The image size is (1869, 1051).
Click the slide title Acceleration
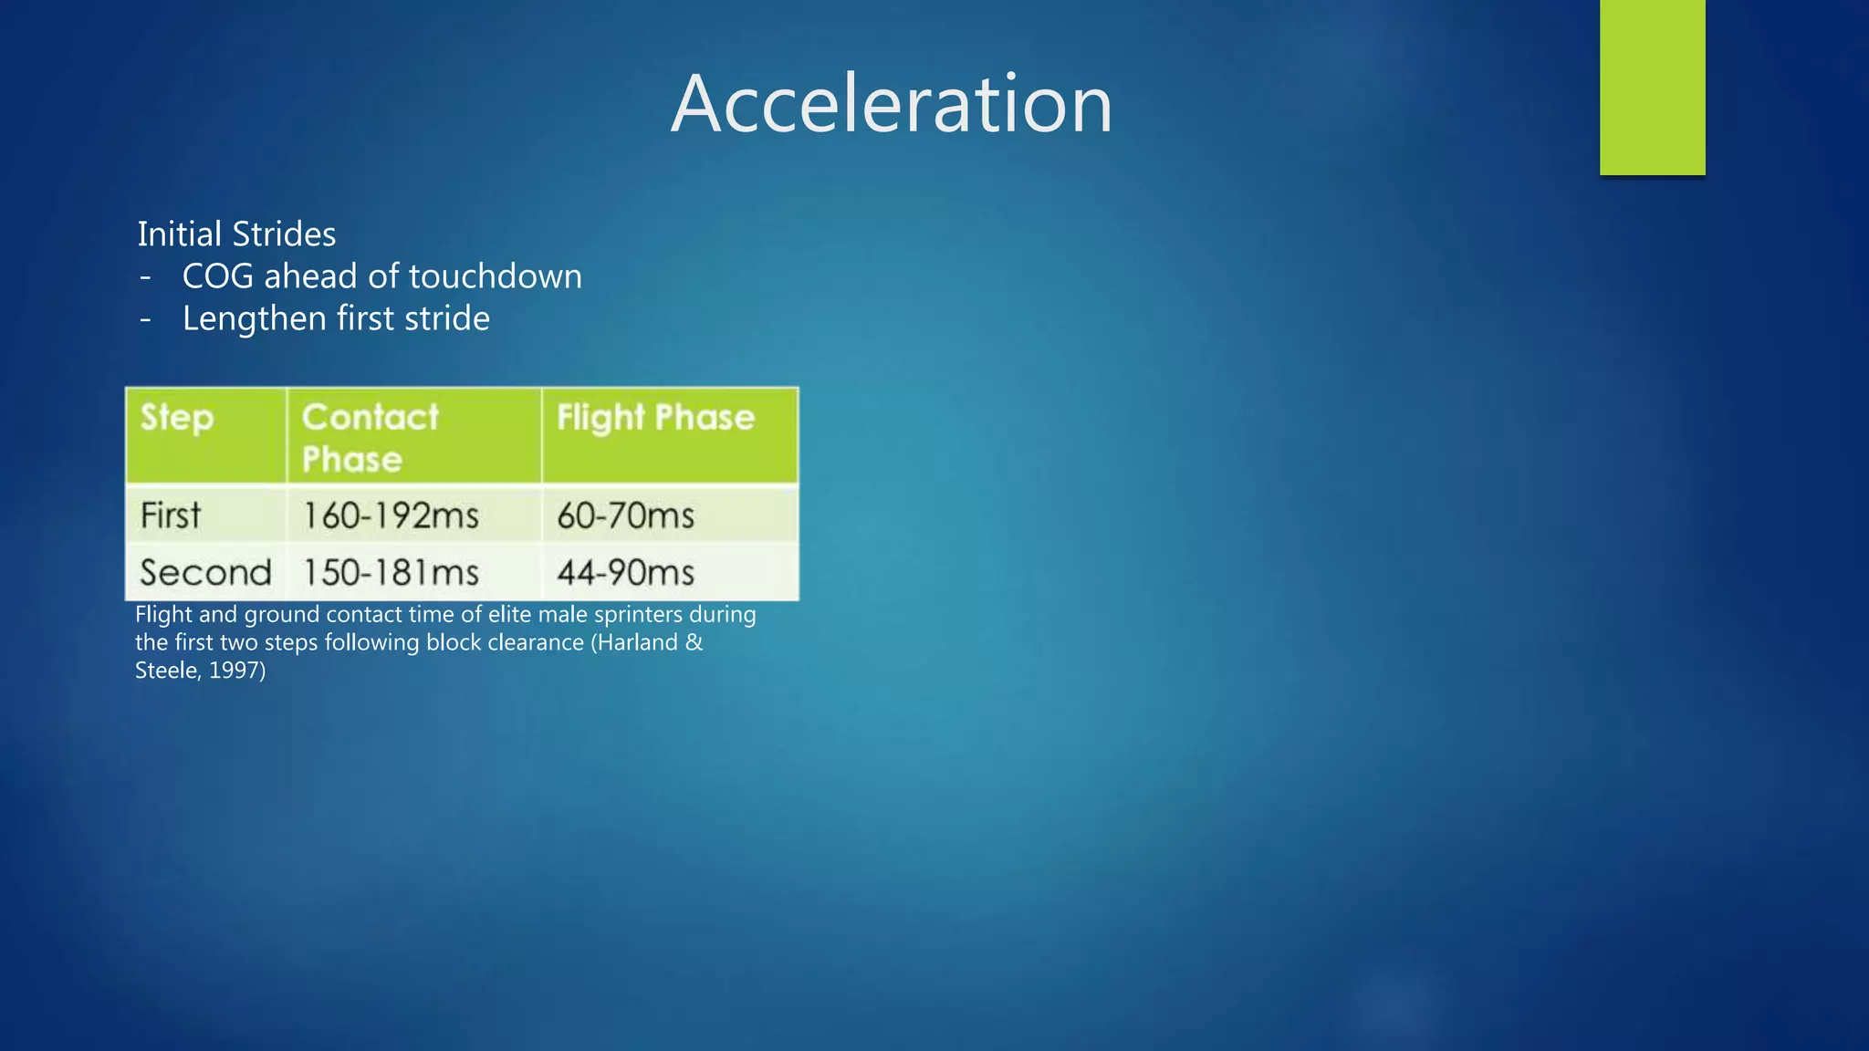892,104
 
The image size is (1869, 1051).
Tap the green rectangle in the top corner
1652,88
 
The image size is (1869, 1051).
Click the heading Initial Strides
236,234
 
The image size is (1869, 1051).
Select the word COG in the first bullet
217,276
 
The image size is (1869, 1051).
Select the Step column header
177,418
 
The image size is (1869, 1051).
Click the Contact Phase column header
370,438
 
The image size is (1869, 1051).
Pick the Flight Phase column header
655,418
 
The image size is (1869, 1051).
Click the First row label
171,515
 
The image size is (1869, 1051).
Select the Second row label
205,573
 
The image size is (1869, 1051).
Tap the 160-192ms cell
391,516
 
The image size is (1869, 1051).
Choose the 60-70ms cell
626,516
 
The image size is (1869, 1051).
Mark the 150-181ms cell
391,573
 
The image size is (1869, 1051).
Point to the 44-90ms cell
626,573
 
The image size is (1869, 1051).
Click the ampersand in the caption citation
694,642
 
